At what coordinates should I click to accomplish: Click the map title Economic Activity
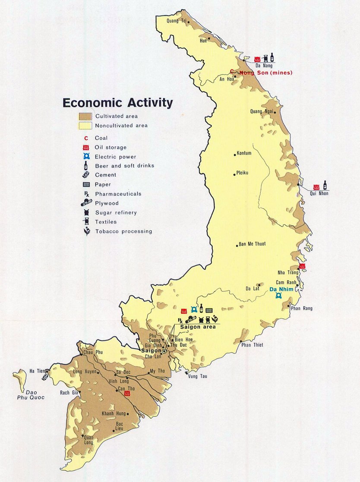[x=117, y=103]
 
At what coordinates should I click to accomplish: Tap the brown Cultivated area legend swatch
[x=85, y=117]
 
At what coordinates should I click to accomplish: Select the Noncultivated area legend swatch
[x=85, y=126]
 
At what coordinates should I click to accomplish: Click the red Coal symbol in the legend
[x=86, y=138]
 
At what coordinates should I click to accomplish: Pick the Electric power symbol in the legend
[x=86, y=157]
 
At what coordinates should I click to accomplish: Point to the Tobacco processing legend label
[x=123, y=231]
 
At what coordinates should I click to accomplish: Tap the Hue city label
[x=203, y=41]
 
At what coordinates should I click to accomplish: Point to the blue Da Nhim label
[x=279, y=289]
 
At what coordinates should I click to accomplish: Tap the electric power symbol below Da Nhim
[x=279, y=296]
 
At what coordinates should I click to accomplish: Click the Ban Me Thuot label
[x=253, y=244]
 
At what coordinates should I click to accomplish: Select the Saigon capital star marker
[x=164, y=351]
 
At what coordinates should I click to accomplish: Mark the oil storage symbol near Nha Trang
[x=302, y=266]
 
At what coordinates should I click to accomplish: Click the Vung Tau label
[x=198, y=376]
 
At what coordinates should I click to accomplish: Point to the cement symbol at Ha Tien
[x=45, y=376]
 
